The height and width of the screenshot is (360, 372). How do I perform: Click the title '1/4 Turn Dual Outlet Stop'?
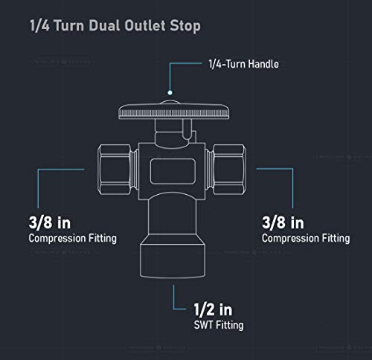115,26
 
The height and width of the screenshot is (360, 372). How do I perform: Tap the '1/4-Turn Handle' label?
243,64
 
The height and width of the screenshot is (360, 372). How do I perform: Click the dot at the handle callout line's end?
170,93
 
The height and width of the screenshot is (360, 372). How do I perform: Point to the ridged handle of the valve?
173,112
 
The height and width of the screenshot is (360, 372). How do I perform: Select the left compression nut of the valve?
115,170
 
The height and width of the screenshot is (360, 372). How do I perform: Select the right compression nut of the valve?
230,170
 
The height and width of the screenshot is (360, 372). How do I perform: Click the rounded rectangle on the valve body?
173,171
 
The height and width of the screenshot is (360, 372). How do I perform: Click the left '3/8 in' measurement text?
50,222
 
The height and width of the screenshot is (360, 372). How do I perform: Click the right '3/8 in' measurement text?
283,222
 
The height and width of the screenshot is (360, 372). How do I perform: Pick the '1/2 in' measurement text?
213,309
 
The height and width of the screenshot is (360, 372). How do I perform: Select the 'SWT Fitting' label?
219,325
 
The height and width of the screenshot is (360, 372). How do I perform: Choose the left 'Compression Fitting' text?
73,239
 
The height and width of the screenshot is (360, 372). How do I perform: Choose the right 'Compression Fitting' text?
306,239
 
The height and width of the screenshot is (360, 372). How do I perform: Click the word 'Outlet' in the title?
145,25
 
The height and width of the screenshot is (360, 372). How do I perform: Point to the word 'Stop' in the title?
185,26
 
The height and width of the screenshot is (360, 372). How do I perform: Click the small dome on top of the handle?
170,102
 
